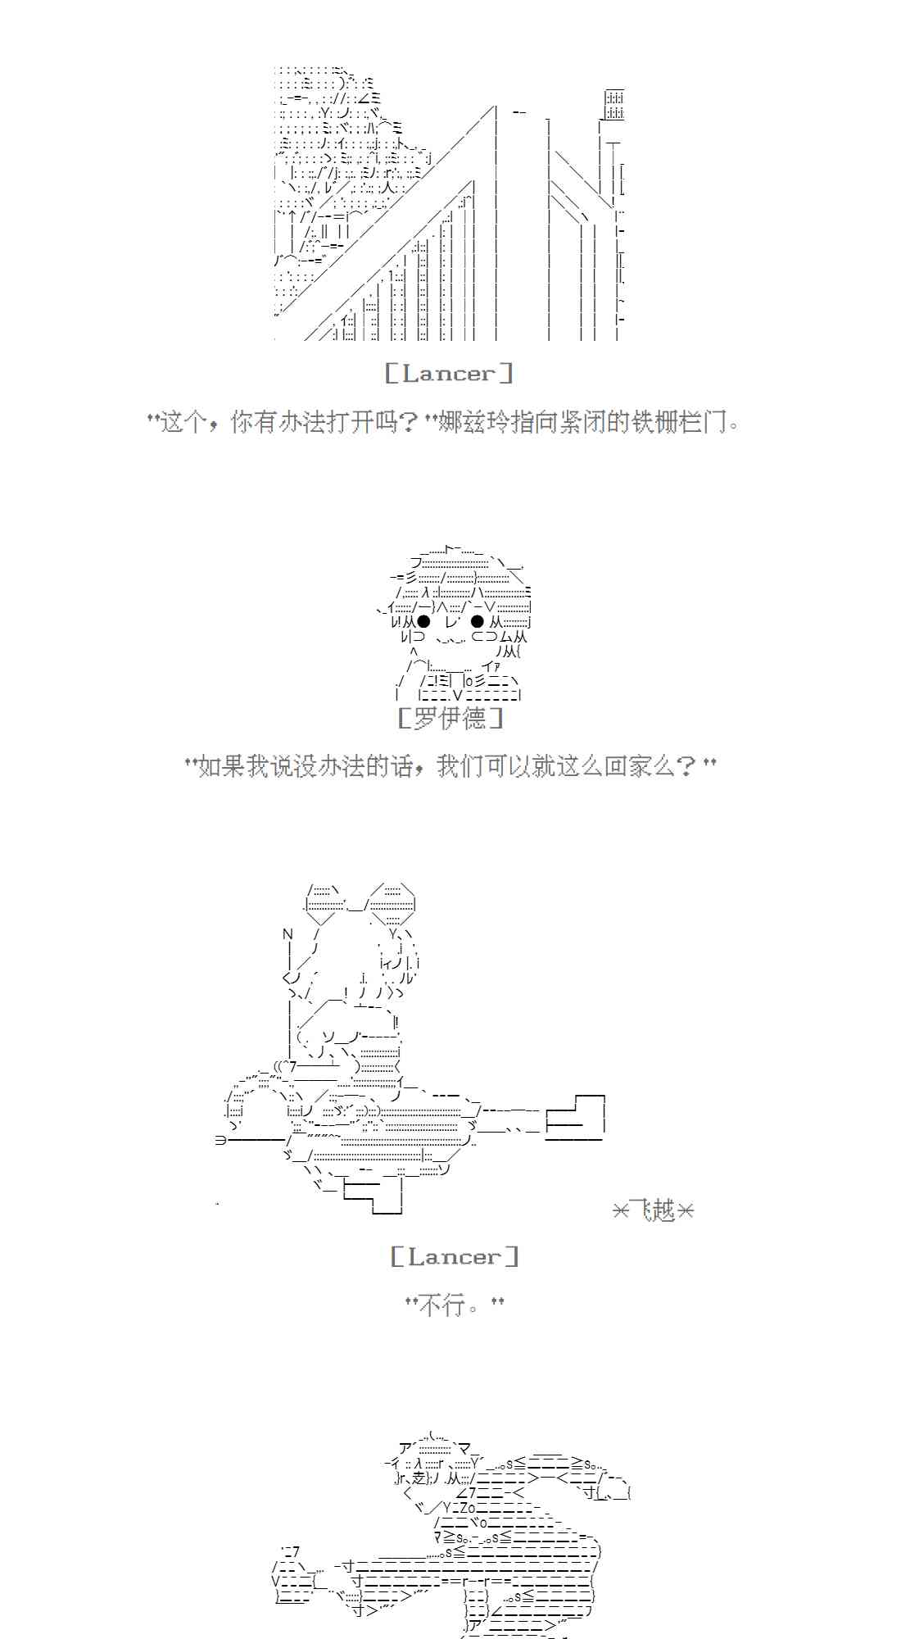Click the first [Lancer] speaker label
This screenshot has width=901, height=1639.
[449, 374]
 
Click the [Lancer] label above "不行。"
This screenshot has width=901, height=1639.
[455, 1256]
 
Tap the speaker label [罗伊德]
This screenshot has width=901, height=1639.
[450, 719]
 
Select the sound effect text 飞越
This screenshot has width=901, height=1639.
[654, 1210]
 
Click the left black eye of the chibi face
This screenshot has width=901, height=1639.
[423, 622]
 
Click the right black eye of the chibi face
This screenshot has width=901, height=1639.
[478, 622]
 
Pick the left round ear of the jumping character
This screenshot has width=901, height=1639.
[327, 904]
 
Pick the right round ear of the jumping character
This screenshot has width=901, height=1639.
[392, 904]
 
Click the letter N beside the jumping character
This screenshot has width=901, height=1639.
[288, 934]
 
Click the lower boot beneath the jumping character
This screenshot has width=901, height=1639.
[374, 1196]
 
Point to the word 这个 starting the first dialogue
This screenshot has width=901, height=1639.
[183, 423]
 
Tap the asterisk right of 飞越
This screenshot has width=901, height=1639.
[686, 1210]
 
